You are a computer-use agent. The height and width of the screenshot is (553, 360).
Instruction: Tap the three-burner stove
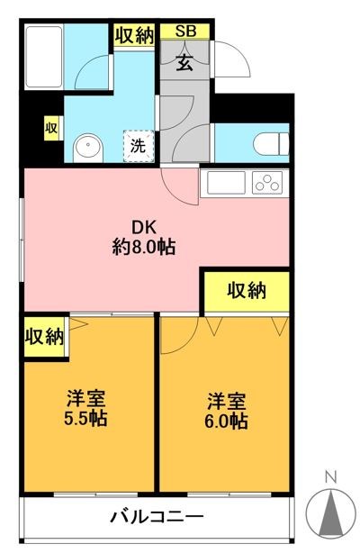pyautogui.click(x=268, y=183)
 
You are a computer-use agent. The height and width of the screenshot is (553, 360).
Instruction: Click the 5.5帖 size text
pyautogui.click(x=85, y=419)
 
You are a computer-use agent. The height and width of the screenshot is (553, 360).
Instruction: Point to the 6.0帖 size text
pyautogui.click(x=226, y=420)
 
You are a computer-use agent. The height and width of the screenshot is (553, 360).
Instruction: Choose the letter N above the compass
pyautogui.click(x=330, y=477)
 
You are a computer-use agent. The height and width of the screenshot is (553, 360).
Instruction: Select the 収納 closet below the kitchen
pyautogui.click(x=246, y=290)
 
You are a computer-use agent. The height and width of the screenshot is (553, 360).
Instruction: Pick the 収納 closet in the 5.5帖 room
pyautogui.click(x=44, y=337)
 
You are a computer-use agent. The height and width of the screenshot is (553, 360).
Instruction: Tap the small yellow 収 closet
pyautogui.click(x=51, y=129)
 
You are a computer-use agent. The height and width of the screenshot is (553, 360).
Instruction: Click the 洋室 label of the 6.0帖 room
pyautogui.click(x=227, y=399)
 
